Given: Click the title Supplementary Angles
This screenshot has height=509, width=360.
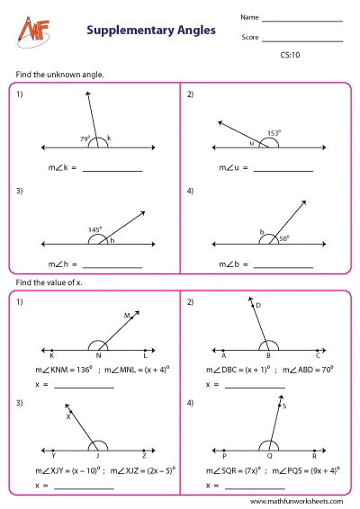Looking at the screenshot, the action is pos(151,31).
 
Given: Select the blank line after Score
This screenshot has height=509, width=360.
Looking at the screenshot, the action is pos(302,40).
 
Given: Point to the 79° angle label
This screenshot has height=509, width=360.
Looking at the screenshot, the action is pos(85,138).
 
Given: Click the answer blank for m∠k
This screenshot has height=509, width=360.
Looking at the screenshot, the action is pos(112,170).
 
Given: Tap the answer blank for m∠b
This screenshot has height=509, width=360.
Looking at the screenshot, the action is pos(283,265).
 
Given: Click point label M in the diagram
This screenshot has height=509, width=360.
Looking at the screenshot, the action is pos(127,316).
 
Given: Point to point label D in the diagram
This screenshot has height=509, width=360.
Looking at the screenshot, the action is pos(257,306).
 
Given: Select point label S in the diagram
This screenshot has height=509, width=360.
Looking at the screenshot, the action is pos(284,406).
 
